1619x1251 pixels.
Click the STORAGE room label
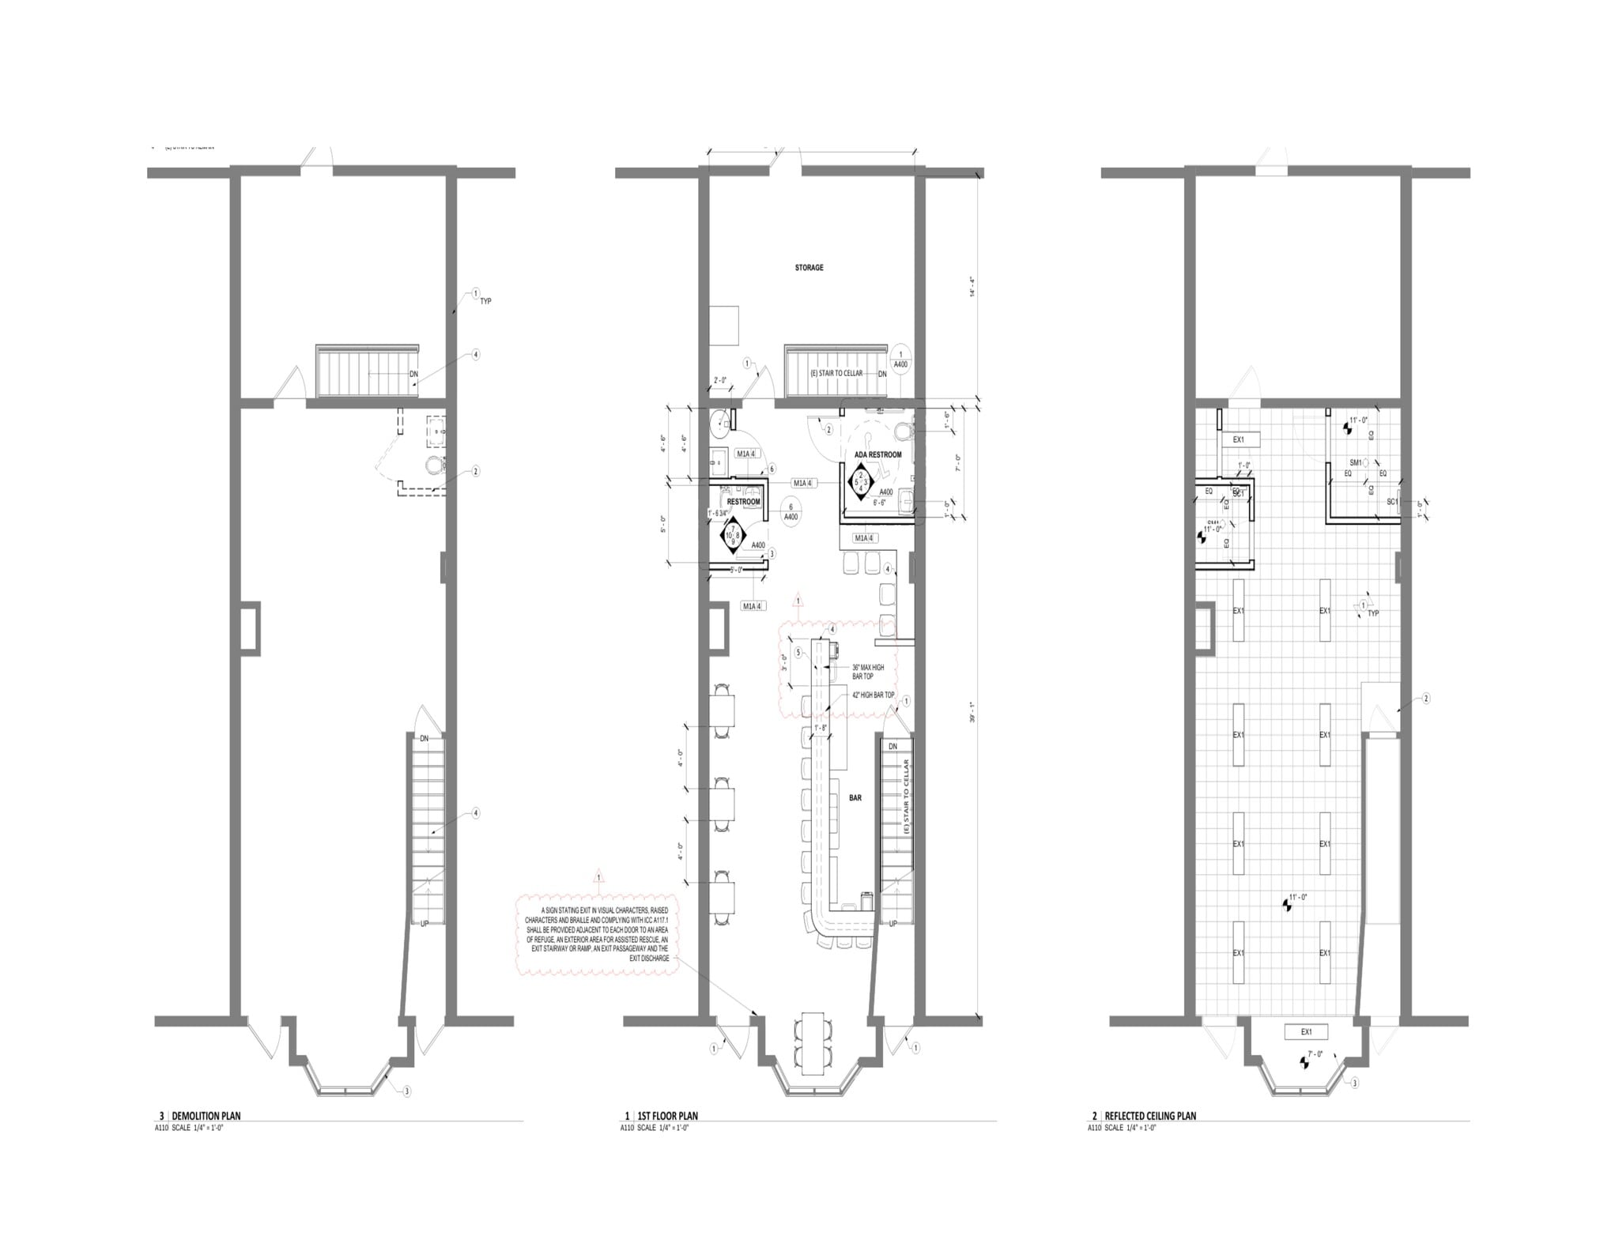point(809,268)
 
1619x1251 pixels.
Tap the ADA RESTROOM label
point(877,454)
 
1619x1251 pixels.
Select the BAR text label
point(855,798)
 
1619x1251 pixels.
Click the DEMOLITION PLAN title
point(206,1116)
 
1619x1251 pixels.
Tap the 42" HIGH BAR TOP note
point(873,695)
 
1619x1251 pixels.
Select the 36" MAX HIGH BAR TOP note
point(867,672)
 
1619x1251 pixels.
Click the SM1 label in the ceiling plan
point(1355,462)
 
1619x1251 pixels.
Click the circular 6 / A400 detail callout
point(791,512)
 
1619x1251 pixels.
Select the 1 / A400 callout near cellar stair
point(900,359)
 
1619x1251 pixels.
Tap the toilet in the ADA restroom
point(906,431)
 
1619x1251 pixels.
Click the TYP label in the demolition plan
point(485,302)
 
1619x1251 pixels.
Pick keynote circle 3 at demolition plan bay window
point(406,1091)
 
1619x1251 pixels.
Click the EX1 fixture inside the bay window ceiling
point(1306,1032)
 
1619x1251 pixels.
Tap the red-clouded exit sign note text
point(598,934)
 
